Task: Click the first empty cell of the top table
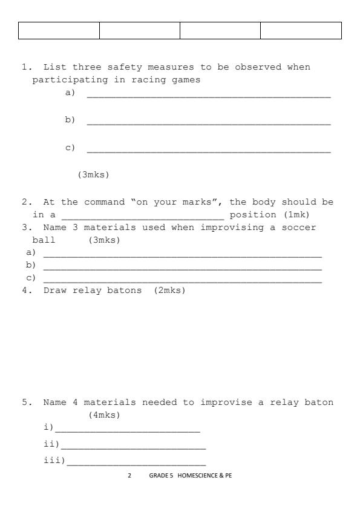tap(59, 31)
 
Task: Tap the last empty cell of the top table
tap(301, 31)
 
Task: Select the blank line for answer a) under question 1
tap(209, 96)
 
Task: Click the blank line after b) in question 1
tap(209, 123)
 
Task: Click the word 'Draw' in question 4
tap(55, 291)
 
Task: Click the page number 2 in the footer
tap(129, 476)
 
